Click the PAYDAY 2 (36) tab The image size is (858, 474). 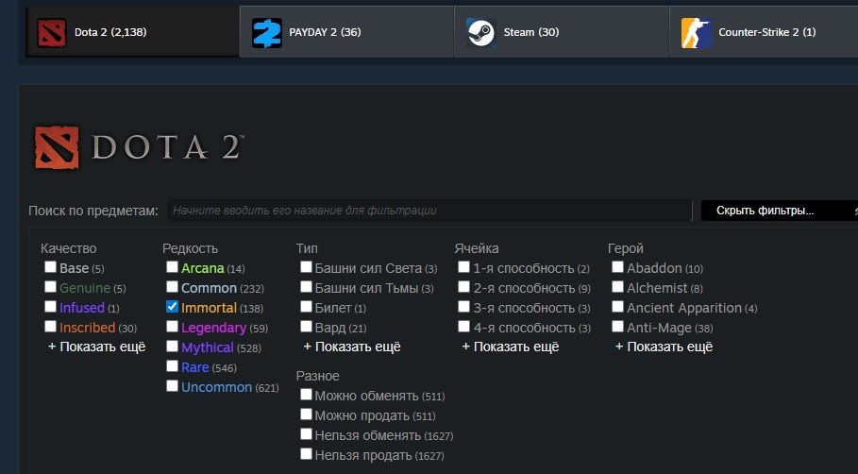pos(346,32)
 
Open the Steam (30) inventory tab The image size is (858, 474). pos(561,32)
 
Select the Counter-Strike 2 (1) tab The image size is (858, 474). pos(764,32)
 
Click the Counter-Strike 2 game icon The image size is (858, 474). pos(696,33)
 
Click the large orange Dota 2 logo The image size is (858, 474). pos(57,147)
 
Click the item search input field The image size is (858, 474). pos(430,211)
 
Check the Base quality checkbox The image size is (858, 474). pos(50,267)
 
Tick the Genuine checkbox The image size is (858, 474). pos(50,287)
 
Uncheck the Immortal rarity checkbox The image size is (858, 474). pos(172,307)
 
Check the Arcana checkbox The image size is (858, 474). pos(172,267)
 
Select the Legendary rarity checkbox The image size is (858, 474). pos(172,327)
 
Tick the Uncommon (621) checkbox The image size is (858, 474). pos(172,386)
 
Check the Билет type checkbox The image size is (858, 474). pos(306,307)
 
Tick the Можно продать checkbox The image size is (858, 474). pos(306,415)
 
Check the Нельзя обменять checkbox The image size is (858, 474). pos(306,434)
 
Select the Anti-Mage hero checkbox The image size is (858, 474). pos(617,327)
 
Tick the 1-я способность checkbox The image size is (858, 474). pos(463,267)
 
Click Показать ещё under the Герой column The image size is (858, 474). pos(665,347)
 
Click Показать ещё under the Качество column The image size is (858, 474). pos(97,347)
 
